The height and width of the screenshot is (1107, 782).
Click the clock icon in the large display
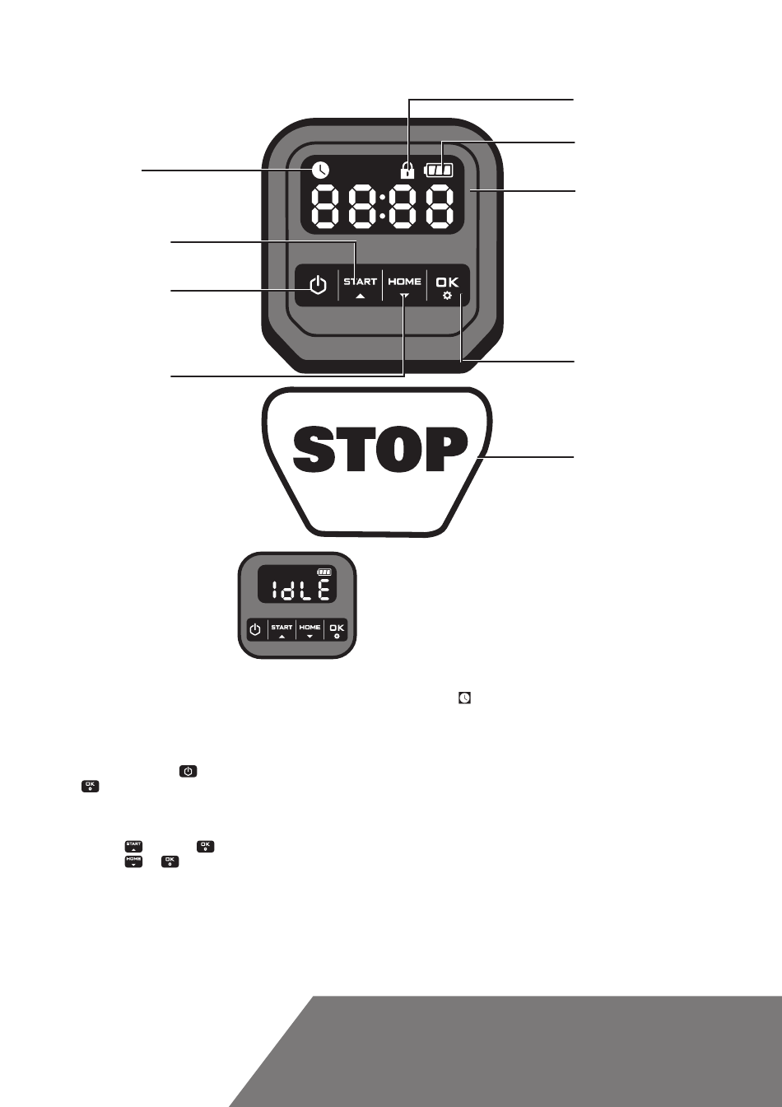(320, 170)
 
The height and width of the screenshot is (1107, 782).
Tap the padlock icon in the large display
(407, 170)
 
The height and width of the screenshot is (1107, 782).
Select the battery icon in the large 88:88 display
(439, 170)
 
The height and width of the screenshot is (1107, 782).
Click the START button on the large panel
(360, 286)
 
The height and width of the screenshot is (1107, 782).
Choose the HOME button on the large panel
(405, 286)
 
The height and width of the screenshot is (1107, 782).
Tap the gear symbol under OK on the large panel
(448, 296)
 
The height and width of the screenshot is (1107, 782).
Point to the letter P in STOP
(447, 449)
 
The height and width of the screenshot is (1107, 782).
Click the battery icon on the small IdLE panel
(324, 572)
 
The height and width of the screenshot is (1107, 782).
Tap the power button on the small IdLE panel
(255, 629)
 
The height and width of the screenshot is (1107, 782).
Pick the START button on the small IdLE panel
(282, 630)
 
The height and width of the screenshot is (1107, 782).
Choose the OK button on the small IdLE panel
(337, 630)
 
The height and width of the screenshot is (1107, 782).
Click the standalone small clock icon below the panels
(464, 698)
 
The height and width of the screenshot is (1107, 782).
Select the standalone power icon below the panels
(189, 771)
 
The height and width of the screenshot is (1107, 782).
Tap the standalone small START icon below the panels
(133, 847)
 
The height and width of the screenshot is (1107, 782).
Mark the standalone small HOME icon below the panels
(133, 862)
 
